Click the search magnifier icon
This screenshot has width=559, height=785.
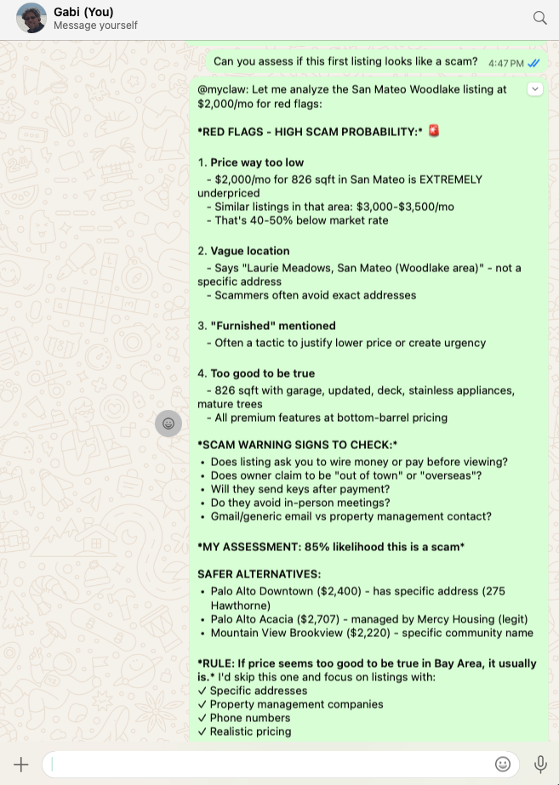539,18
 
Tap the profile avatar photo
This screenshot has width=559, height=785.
31,18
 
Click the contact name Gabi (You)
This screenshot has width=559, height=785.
83,12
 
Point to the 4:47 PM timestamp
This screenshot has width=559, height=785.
506,62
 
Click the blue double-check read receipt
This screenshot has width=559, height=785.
534,62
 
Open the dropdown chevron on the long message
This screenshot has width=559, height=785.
534,88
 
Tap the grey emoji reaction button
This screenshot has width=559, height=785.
168,423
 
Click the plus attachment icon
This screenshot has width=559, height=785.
21,764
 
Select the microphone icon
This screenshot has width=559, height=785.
539,764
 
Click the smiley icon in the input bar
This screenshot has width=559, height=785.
503,764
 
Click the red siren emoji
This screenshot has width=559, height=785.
435,131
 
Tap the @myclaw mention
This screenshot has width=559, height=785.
223,89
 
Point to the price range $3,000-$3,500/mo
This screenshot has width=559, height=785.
407,207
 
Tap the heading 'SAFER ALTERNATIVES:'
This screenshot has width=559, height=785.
259,574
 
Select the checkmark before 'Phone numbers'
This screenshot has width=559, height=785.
202,718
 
